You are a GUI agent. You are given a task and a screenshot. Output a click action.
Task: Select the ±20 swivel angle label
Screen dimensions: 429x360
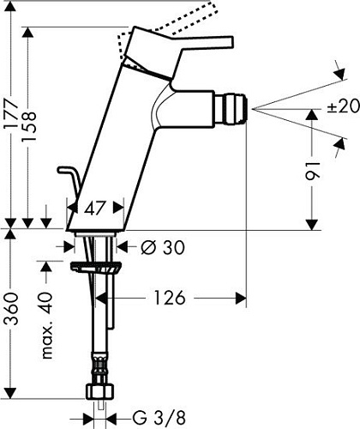point(341,107)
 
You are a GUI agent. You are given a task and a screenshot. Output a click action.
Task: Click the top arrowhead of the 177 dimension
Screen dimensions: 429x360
point(30,33)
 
